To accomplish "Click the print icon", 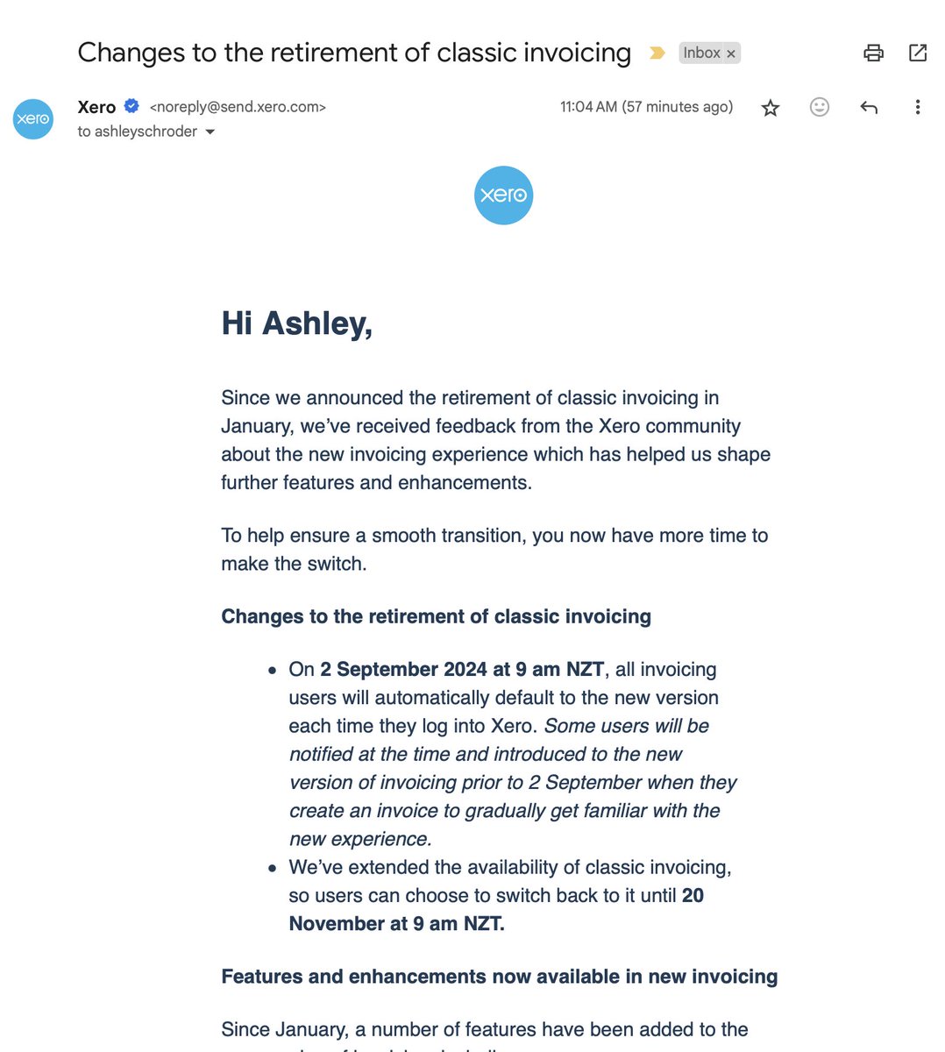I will (873, 53).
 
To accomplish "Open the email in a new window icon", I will (918, 53).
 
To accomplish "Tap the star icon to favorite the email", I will (770, 108).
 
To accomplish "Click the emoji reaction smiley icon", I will (819, 107).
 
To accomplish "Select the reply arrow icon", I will (869, 108).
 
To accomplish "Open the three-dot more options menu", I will (917, 107).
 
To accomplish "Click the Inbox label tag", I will (701, 53).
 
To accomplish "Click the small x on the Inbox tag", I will (731, 54).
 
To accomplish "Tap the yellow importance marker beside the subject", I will (657, 53).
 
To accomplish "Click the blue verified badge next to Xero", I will (131, 106).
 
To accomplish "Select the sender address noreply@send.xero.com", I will (238, 107).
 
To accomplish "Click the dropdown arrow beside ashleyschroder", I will (210, 132).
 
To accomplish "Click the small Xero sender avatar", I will (33, 119).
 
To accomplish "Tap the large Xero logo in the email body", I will (503, 195).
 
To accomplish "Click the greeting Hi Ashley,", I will (296, 323).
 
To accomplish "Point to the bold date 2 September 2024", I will (403, 670).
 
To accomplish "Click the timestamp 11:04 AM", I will (588, 107).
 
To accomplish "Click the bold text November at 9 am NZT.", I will (396, 924).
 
